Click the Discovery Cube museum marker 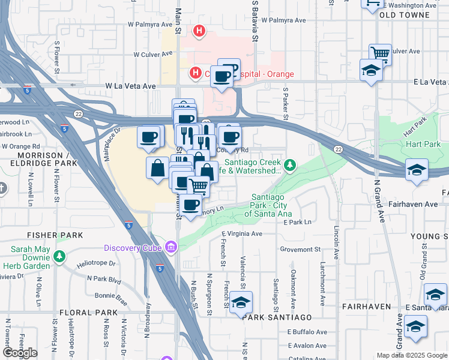170,247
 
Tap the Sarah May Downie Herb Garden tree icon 59,257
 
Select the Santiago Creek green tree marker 291,164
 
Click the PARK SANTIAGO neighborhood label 277,317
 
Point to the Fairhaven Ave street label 414,204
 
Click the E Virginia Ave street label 242,234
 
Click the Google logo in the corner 20,353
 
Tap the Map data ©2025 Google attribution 411,355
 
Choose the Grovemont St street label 300,249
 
